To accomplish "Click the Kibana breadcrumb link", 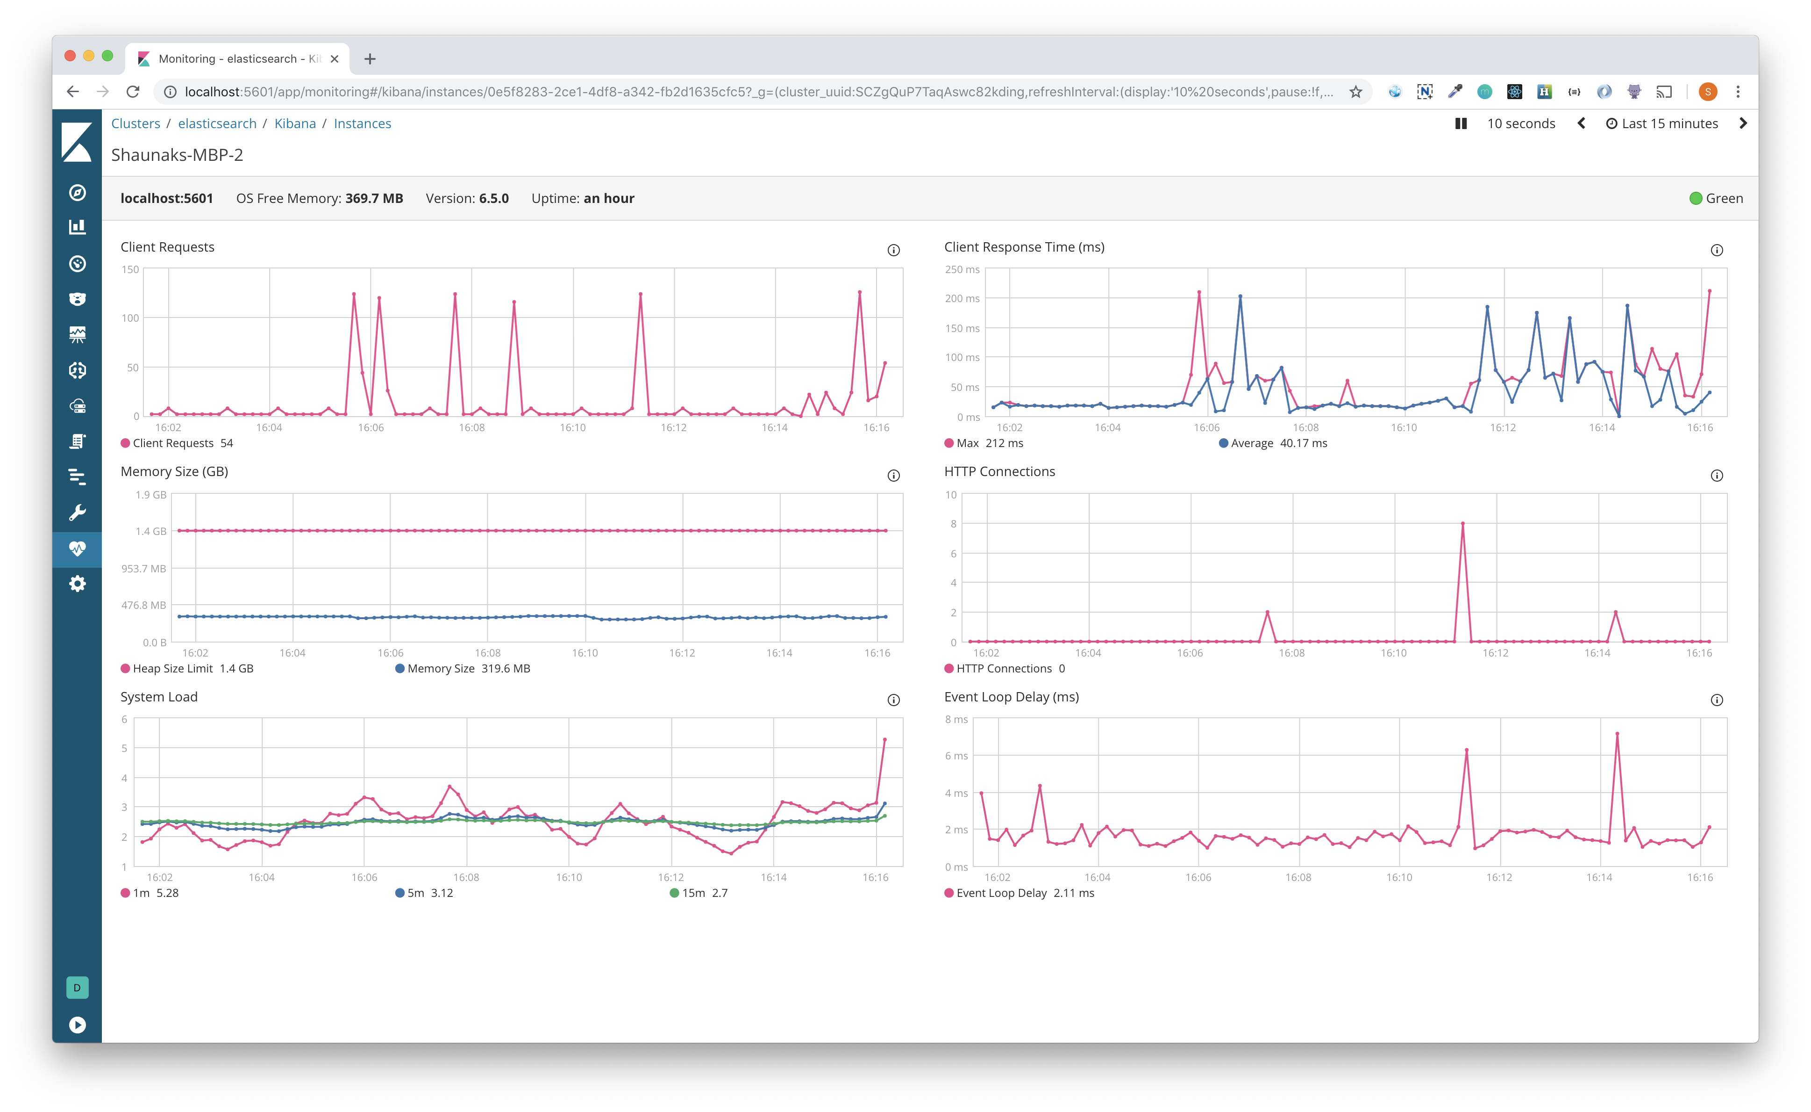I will [x=295, y=123].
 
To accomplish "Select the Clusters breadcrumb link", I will [x=135, y=123].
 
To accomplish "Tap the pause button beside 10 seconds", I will [x=1461, y=123].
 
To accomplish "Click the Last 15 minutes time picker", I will [x=1662, y=123].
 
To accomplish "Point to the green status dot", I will [x=1696, y=199].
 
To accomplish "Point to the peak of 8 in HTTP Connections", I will [x=1462, y=524].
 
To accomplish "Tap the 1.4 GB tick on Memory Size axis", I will [x=150, y=531].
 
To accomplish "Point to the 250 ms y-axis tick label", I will [x=962, y=269].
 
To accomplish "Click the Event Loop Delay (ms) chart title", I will [x=1012, y=696].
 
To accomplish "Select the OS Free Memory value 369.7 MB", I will [x=374, y=199].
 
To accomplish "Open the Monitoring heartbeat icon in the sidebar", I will [x=77, y=549].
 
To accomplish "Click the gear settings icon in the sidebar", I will [x=77, y=584].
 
